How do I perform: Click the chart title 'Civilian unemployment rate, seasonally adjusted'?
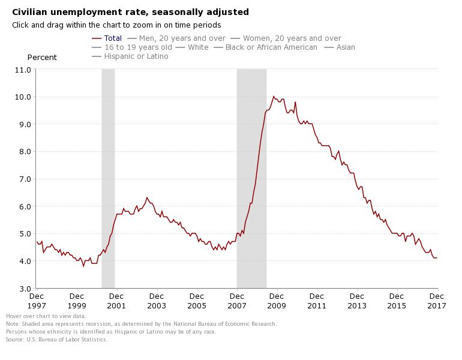tap(130, 12)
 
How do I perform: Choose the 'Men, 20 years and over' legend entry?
tap(181, 38)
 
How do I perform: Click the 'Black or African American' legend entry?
tap(271, 47)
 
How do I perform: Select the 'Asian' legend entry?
tap(345, 47)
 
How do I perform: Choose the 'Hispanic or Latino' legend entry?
tap(136, 56)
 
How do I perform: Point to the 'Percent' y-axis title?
tap(42, 58)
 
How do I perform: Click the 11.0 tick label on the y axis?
tap(23, 70)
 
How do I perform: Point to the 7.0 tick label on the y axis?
tap(25, 179)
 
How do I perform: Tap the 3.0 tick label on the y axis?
tap(25, 289)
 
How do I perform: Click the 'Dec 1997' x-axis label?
tap(37, 301)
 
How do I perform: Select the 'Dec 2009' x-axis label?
tap(277, 301)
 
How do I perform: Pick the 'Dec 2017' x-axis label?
tap(437, 301)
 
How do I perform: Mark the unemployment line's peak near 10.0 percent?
tap(274, 97)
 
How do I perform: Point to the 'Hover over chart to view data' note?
tap(46, 316)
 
